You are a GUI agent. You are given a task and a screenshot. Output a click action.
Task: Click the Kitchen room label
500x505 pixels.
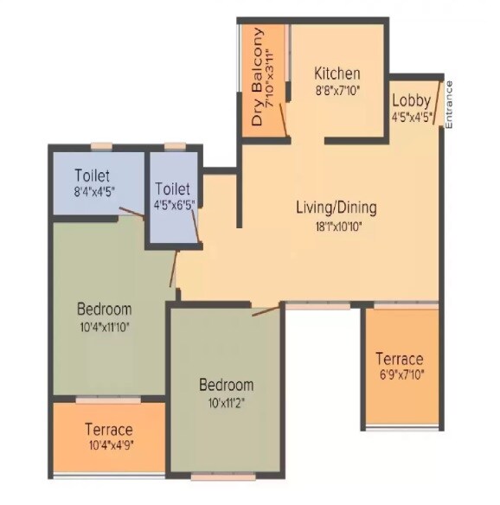(337, 74)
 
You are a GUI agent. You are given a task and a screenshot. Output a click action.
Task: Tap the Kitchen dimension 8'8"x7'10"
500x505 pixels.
(337, 89)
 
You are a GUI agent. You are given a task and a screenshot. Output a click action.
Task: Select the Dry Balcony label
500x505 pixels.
(257, 78)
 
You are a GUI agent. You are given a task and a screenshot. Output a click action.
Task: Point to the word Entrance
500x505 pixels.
(449, 105)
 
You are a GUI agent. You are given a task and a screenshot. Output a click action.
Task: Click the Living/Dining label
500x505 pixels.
(336, 208)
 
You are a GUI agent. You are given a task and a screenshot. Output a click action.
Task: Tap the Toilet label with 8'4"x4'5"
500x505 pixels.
(92, 174)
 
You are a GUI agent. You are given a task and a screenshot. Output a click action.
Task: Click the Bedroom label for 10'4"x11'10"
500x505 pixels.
(104, 309)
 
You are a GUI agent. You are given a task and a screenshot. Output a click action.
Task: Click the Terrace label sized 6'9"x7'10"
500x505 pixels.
(399, 359)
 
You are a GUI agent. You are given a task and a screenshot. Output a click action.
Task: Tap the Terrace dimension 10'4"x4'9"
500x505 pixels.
(108, 446)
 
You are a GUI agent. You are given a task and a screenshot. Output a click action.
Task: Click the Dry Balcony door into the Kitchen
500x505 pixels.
(283, 113)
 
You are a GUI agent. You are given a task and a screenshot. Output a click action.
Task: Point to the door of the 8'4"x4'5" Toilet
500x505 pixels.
(131, 213)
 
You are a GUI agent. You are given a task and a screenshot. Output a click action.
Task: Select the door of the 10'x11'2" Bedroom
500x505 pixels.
(266, 310)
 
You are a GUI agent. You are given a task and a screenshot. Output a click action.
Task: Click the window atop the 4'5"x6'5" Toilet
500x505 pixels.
(175, 146)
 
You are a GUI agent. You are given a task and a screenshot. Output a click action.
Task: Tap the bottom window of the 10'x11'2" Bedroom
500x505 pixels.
(224, 475)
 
